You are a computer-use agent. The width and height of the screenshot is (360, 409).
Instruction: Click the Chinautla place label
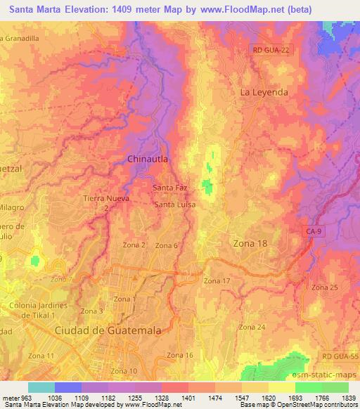(148, 160)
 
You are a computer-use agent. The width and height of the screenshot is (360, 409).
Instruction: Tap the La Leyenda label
(264, 92)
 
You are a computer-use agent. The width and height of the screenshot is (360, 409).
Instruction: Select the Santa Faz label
(169, 188)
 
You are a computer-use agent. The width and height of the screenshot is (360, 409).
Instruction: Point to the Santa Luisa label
(175, 204)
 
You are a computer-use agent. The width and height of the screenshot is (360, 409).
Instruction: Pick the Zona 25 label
(325, 288)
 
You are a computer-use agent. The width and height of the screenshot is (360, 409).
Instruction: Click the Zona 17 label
(217, 281)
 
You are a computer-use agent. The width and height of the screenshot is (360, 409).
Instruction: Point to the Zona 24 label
(251, 327)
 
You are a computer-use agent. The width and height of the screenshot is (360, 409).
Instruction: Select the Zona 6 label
(167, 245)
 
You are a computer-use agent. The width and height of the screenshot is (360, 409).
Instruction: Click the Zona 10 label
(123, 371)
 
